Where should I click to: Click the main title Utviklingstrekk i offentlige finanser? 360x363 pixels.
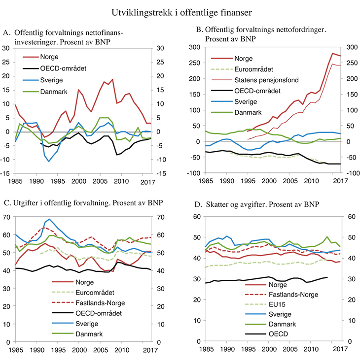click(180, 10)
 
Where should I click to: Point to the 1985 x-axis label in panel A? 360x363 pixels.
click(15, 182)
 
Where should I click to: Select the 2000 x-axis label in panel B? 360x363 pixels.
click(269, 182)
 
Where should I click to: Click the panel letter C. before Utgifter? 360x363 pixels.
click(6, 202)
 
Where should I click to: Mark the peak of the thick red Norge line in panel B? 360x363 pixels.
click(333, 53)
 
